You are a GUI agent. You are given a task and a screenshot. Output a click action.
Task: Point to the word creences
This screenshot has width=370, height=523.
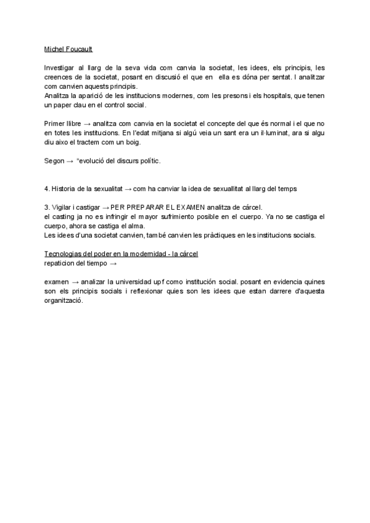(x=59, y=77)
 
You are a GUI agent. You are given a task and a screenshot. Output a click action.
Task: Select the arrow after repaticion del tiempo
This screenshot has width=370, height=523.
(x=113, y=263)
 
